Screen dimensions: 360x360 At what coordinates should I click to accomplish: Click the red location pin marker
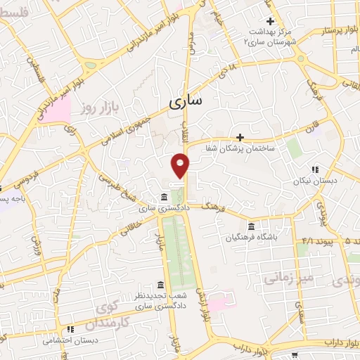point(181,165)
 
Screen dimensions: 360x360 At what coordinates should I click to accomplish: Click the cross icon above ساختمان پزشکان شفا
point(240,136)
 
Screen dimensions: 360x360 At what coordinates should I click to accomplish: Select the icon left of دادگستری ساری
point(163,196)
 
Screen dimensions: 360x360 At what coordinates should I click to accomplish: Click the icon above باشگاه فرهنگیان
point(252,226)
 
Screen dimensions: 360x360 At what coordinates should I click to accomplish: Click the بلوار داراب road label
point(340,342)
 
